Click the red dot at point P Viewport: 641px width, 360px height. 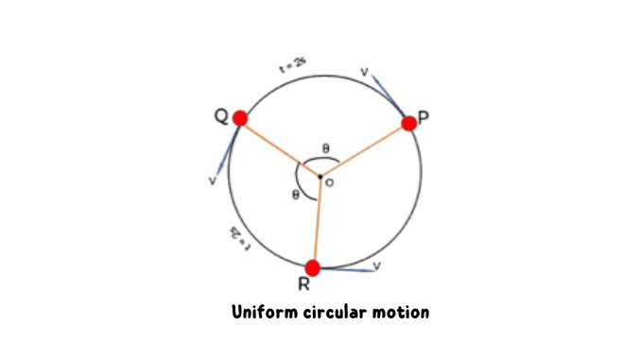click(409, 123)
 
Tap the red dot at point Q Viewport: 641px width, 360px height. click(239, 118)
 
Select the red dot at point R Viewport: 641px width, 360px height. click(313, 267)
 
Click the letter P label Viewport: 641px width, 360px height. click(424, 117)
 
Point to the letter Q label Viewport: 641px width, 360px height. click(220, 116)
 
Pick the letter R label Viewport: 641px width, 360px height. click(304, 286)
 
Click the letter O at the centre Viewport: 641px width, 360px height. click(329, 183)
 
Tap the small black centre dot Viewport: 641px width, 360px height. click(320, 177)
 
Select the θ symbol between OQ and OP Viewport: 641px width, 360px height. click(325, 148)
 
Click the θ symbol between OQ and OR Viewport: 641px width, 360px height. click(295, 195)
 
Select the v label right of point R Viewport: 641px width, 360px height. click(376, 266)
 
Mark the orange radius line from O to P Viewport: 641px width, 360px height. click(365, 149)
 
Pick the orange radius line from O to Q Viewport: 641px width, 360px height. click(280, 147)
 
